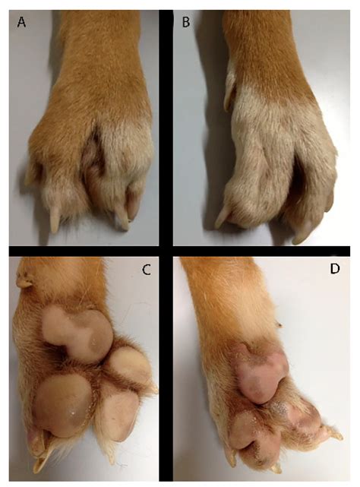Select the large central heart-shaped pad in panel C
point(77,331)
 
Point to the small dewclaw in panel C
point(26,283)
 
